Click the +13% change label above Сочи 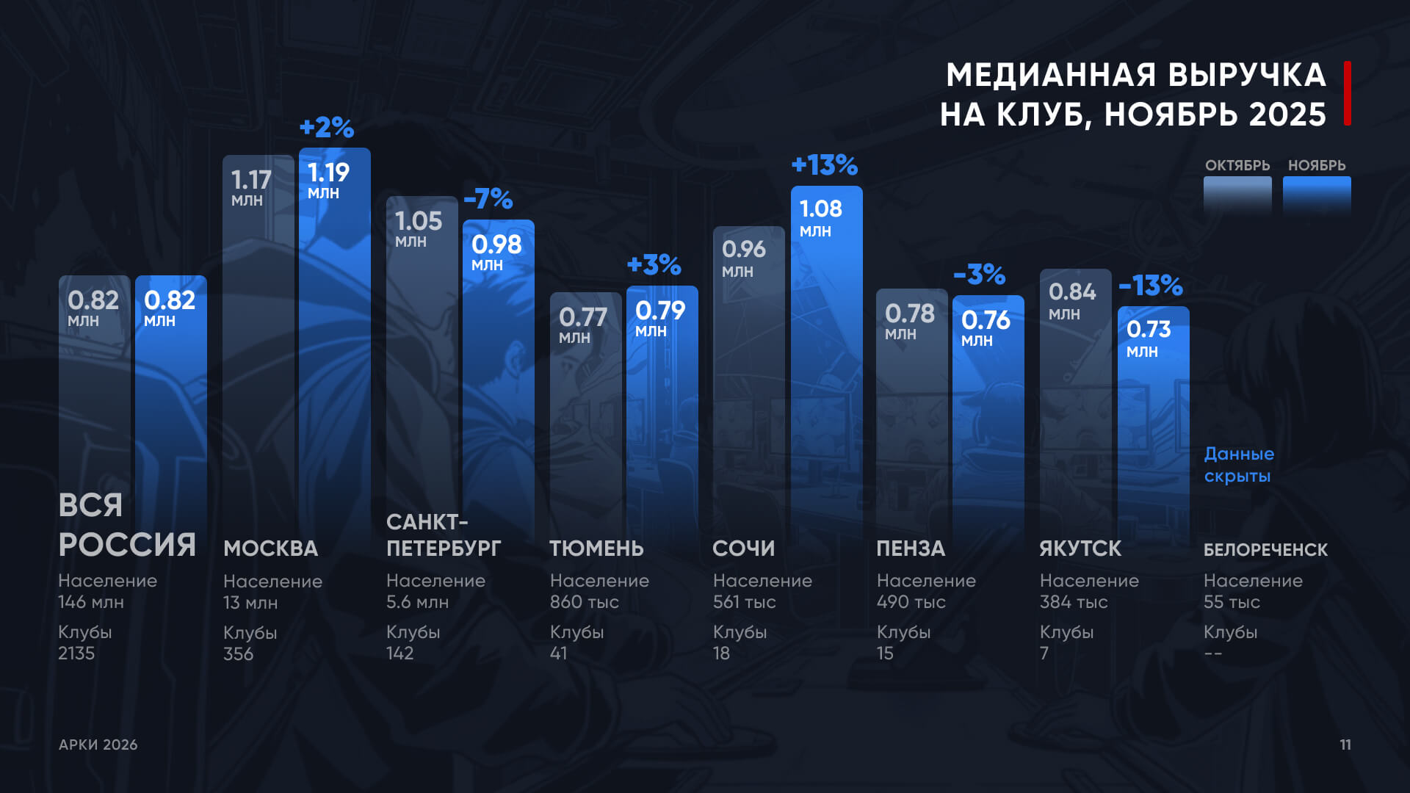point(824,165)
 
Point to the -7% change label point(488,199)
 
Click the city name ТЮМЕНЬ point(596,548)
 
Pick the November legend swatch point(1317,195)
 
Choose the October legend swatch point(1237,195)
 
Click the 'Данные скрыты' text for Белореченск point(1239,465)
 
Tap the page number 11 point(1345,745)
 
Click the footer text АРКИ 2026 point(98,745)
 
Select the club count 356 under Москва point(238,653)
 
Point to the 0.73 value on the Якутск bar point(1149,330)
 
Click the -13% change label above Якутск point(1150,285)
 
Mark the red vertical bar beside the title point(1348,93)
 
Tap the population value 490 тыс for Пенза point(911,602)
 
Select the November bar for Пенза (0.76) point(988,426)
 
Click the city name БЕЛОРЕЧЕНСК point(1265,550)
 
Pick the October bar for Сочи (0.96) point(748,382)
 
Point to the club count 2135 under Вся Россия point(76,653)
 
